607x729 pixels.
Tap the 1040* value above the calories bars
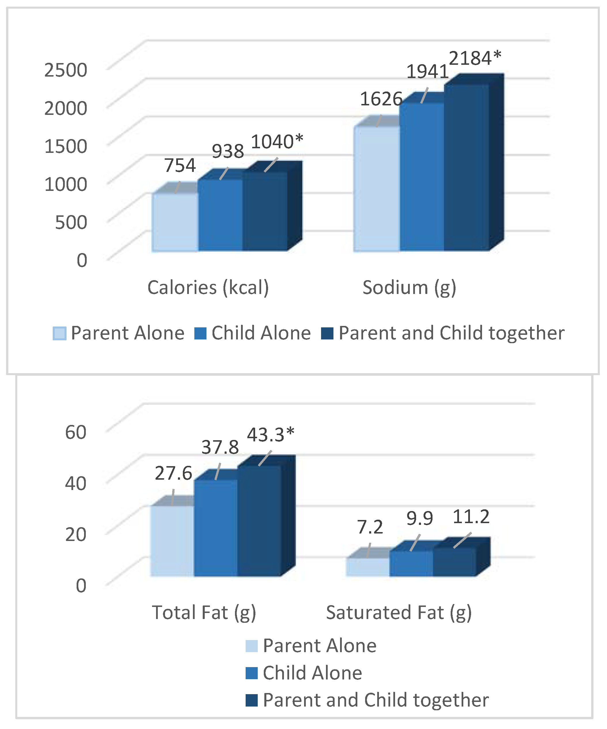[x=277, y=142]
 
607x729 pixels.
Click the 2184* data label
[x=475, y=58]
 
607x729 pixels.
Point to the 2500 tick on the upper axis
[x=66, y=70]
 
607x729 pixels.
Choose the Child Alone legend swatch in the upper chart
[x=200, y=334]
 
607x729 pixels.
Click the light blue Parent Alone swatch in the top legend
[x=59, y=334]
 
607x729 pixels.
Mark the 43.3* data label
[x=270, y=435]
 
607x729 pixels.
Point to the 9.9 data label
[x=420, y=519]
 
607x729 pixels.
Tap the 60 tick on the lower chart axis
[x=76, y=432]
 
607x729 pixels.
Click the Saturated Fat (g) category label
[x=399, y=612]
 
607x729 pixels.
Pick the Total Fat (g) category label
[x=204, y=612]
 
